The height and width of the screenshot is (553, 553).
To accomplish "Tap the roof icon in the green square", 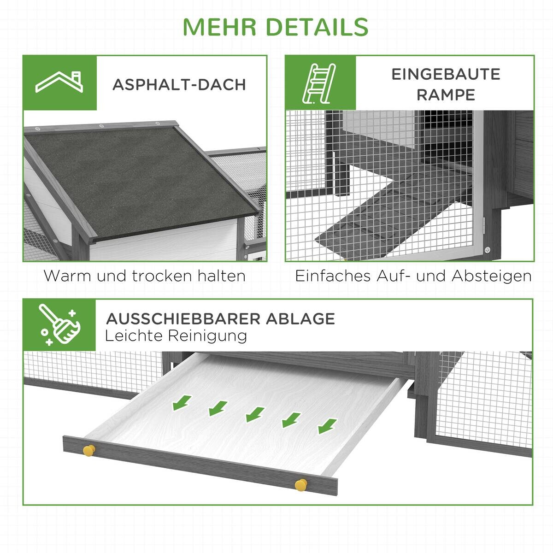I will [x=60, y=83].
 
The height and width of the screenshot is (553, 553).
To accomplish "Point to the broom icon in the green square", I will [x=60, y=325].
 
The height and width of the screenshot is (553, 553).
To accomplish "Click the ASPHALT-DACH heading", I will [x=179, y=85].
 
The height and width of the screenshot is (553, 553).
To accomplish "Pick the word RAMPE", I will [x=446, y=95].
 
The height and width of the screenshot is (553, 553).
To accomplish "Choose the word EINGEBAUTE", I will [x=446, y=74].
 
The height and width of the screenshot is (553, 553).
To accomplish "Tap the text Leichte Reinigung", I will [x=176, y=335].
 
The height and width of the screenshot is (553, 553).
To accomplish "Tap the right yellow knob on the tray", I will [x=301, y=484].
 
